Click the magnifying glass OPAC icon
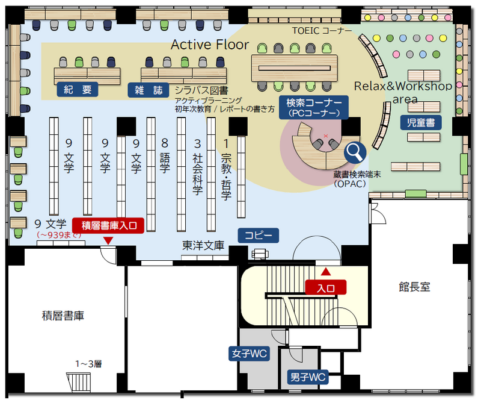pyautogui.click(x=355, y=151)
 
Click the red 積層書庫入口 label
pyautogui.click(x=108, y=225)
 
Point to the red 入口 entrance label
pyautogui.click(x=325, y=287)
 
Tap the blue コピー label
pyautogui.click(x=259, y=235)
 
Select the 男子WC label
pyautogui.click(x=307, y=378)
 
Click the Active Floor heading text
pyautogui.click(x=210, y=44)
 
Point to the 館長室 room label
pyautogui.click(x=414, y=287)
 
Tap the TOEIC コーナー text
pyautogui.click(x=322, y=30)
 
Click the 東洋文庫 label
pyautogui.click(x=203, y=246)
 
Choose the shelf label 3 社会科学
pyautogui.click(x=197, y=166)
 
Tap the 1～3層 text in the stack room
pyautogui.click(x=88, y=363)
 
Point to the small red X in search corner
pyautogui.click(x=326, y=136)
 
